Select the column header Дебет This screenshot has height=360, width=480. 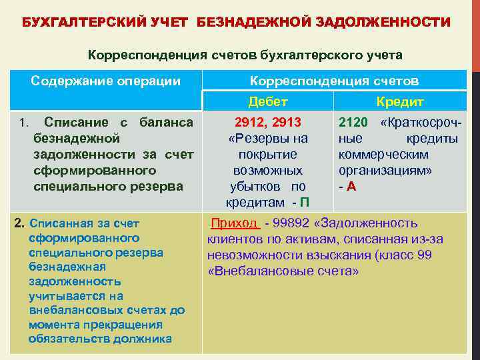pyautogui.click(x=267, y=102)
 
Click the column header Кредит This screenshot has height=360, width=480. pyautogui.click(x=400, y=102)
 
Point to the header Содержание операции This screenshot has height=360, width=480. pyautogui.click(x=106, y=81)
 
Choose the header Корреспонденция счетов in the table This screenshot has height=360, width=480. pyautogui.click(x=334, y=81)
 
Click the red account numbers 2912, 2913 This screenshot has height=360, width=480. pyautogui.click(x=268, y=123)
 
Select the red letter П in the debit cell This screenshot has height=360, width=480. pyautogui.click(x=305, y=202)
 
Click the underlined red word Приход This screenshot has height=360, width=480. pyautogui.click(x=233, y=223)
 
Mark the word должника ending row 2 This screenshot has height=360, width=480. pyautogui.click(x=147, y=339)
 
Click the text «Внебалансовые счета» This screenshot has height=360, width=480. pyautogui.click(x=283, y=271)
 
